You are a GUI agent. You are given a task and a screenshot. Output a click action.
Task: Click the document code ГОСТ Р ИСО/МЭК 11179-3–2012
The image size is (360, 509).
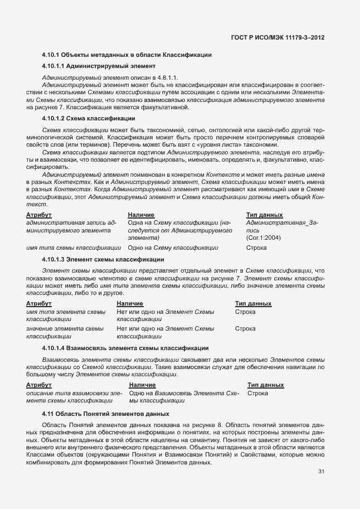coord(277,37)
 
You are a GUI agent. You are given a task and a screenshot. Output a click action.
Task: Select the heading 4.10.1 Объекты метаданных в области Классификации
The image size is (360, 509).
coord(127,55)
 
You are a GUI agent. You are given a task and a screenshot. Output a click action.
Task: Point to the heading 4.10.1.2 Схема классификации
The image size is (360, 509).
coord(88,119)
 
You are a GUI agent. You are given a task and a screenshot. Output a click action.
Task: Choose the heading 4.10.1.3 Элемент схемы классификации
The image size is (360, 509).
coord(103,259)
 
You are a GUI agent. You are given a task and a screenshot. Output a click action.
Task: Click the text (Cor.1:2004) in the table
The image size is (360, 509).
coord(262,238)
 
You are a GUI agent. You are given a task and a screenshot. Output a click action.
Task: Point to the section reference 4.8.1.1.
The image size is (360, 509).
coord(167,77)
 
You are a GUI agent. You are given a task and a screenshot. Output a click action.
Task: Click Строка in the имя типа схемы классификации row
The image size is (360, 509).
coord(256,247)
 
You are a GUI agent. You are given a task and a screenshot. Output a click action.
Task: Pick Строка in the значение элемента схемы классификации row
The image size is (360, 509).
coord(245,329)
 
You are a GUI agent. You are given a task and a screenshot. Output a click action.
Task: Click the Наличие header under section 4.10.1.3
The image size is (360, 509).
coord(130,303)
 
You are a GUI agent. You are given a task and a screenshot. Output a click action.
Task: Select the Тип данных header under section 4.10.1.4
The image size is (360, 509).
coord(265,385)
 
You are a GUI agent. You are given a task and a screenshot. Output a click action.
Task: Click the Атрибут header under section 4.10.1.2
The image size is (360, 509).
coord(39,215)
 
